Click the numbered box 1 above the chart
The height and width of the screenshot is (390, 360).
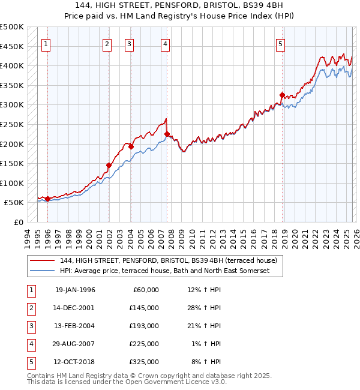tap(47, 43)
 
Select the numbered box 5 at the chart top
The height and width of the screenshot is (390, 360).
tap(281, 43)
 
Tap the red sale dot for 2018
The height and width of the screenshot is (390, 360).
tap(281, 95)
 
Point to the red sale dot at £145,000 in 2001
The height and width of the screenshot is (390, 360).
tap(109, 165)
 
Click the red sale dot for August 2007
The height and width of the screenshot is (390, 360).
tap(167, 134)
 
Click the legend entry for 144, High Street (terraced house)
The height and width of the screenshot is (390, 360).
tap(168, 260)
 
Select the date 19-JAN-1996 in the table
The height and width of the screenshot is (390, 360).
tap(75, 290)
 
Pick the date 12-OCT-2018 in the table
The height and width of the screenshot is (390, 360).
tap(75, 362)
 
